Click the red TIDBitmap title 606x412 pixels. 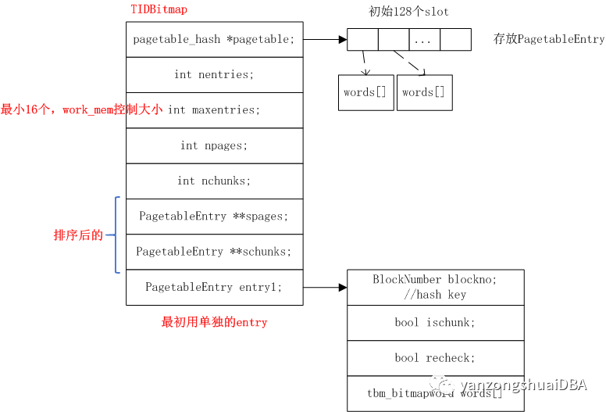pyautogui.click(x=159, y=9)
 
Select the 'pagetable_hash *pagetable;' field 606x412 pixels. pyautogui.click(x=214, y=39)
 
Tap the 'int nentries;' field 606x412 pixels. pyautogui.click(x=214, y=75)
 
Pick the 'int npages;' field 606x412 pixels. pyautogui.click(x=214, y=145)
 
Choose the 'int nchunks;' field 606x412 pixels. pyautogui.click(x=214, y=181)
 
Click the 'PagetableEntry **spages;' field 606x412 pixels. pyautogui.click(x=214, y=216)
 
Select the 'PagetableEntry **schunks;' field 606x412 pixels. pyautogui.click(x=214, y=252)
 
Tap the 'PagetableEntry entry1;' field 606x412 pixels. pyautogui.click(x=214, y=287)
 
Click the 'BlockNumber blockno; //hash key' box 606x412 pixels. pyautogui.click(x=435, y=287)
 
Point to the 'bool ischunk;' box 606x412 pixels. pyautogui.click(x=435, y=322)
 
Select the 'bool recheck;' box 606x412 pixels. pyautogui.click(x=435, y=358)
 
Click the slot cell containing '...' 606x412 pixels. pyautogui.click(x=424, y=39)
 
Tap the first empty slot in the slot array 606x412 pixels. pyautogui.click(x=362, y=39)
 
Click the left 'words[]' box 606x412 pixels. pyautogui.click(x=365, y=92)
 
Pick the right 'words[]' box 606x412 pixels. pyautogui.click(x=424, y=92)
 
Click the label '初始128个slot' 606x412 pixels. pyautogui.click(x=409, y=12)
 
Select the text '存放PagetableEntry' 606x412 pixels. pyautogui.click(x=549, y=39)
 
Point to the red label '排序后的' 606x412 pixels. pyautogui.click(x=78, y=235)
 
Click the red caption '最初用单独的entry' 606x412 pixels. pyautogui.click(x=214, y=322)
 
